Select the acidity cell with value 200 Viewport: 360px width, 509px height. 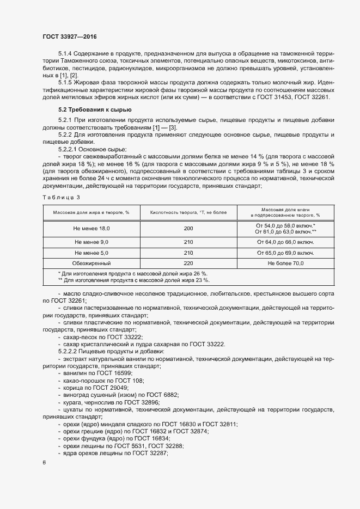pos(188,229)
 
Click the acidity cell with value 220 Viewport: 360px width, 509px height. pos(188,263)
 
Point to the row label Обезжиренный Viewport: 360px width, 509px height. pos(91,263)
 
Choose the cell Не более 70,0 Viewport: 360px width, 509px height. pos(285,263)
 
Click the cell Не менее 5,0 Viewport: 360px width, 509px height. pos(91,253)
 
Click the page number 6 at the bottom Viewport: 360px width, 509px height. pos(44,463)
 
